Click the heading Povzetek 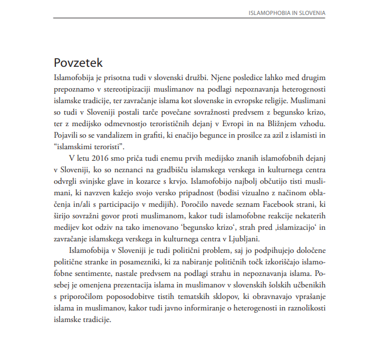[x=78, y=62]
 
